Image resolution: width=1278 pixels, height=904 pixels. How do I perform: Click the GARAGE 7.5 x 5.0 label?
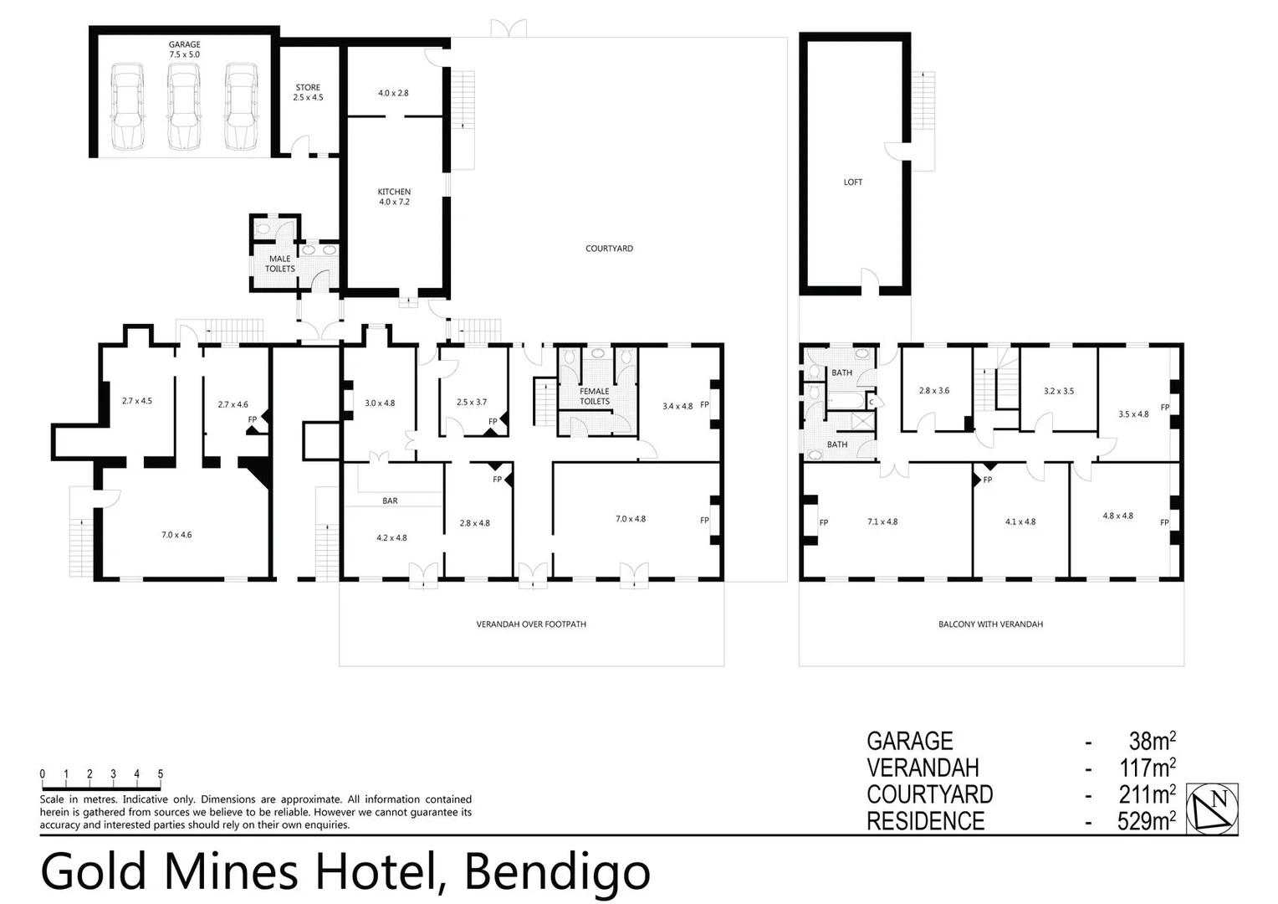[x=184, y=49]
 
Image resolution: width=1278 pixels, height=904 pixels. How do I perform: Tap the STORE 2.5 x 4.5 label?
[x=308, y=92]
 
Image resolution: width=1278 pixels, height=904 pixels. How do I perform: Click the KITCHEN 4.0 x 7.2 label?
[x=394, y=197]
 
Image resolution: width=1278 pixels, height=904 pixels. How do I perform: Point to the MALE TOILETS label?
[x=280, y=264]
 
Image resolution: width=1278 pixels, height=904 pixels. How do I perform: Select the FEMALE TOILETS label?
[x=595, y=396]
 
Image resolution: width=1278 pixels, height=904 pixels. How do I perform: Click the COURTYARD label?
[x=609, y=249]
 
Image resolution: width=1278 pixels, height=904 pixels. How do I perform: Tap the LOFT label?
[x=852, y=182]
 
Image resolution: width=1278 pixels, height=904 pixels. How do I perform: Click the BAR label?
[x=390, y=501]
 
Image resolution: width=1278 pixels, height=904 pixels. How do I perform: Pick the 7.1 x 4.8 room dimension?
[x=882, y=521]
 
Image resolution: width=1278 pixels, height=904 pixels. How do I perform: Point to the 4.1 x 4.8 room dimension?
[x=1020, y=521]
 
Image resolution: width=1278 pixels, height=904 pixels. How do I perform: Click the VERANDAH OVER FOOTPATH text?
[x=531, y=624]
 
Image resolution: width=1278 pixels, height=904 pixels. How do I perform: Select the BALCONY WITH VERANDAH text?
[x=990, y=624]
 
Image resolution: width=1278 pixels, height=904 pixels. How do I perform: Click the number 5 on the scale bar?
[x=161, y=774]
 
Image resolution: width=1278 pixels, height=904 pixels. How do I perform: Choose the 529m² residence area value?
[x=1146, y=821]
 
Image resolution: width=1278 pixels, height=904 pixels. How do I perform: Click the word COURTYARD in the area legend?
[x=929, y=794]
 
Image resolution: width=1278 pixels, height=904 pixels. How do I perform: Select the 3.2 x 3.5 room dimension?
[x=1059, y=391]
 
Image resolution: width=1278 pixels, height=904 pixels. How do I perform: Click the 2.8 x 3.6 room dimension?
[x=934, y=391]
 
